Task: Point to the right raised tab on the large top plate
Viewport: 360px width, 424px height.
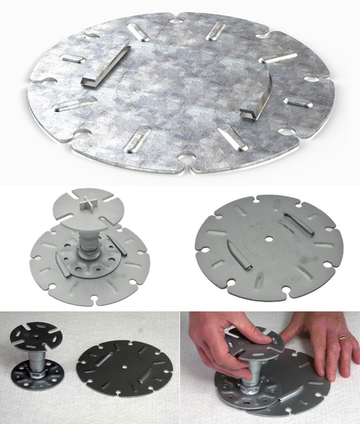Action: tap(255, 101)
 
